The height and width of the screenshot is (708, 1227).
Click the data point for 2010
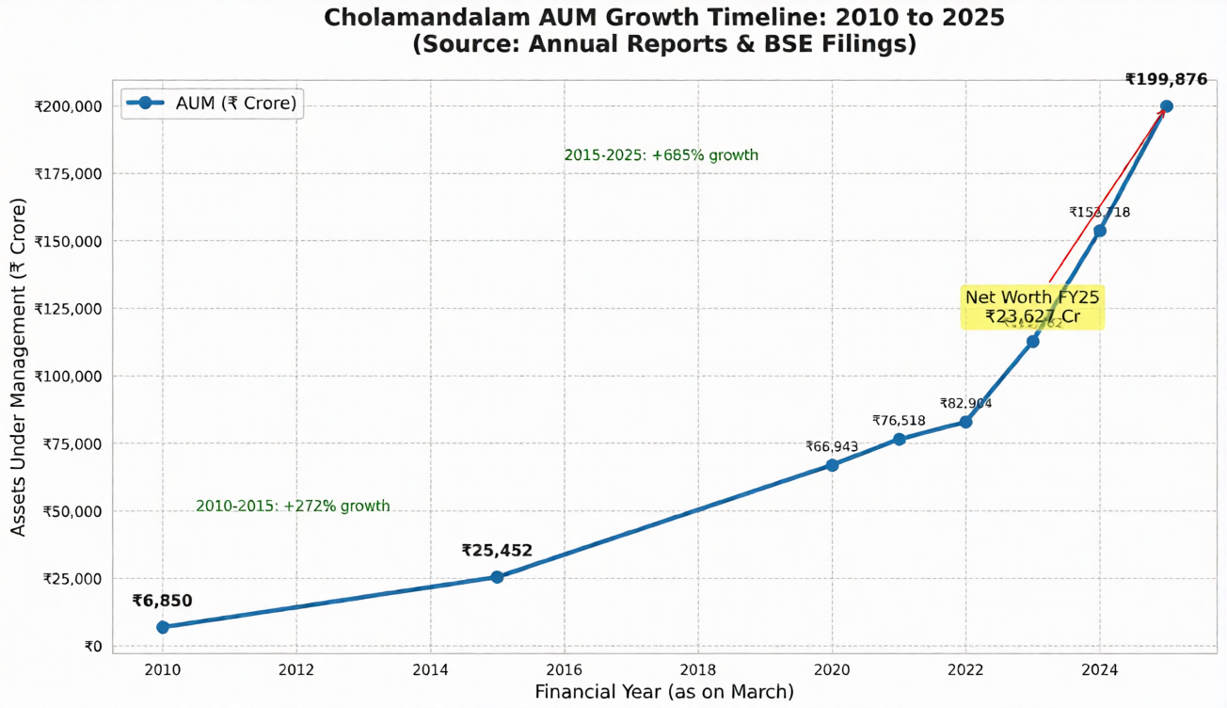coord(163,627)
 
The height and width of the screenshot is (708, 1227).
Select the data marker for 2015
coord(497,577)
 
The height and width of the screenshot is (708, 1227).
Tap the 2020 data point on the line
coord(832,465)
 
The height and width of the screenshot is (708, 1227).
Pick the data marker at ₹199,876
coord(1167,106)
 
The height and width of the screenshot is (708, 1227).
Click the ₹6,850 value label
coord(162,601)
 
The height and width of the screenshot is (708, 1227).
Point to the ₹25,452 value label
coord(497,551)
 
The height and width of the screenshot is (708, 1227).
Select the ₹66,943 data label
coord(832,446)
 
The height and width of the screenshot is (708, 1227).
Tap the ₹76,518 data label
coord(899,421)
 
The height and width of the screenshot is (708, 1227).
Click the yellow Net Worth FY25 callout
coord(1032,307)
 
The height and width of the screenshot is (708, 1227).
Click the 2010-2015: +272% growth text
coord(293,507)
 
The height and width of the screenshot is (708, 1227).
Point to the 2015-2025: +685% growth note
coord(661,155)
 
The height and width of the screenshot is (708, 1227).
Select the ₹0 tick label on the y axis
coord(92,647)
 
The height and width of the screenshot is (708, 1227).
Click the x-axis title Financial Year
coord(664,692)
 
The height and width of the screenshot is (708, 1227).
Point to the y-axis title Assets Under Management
coord(19,367)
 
